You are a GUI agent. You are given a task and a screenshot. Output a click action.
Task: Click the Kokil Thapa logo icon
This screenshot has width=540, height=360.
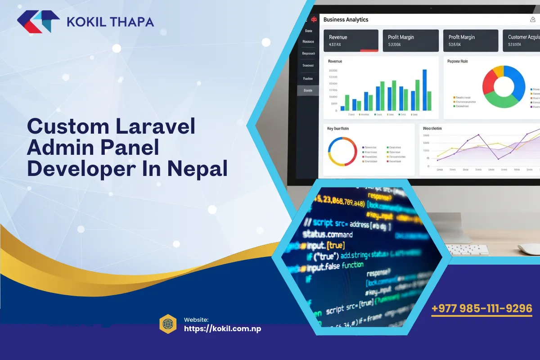point(38,22)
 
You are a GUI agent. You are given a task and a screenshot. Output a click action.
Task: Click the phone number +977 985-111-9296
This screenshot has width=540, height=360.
point(482,309)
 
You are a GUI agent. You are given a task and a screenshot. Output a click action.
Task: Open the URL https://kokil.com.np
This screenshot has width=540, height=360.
point(223,328)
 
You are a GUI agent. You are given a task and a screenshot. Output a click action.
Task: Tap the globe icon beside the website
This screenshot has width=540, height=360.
point(168,324)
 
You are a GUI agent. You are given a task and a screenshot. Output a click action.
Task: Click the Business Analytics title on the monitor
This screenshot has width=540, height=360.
point(346,20)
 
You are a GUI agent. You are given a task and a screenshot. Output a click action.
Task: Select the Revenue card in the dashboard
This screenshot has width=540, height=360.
point(351,40)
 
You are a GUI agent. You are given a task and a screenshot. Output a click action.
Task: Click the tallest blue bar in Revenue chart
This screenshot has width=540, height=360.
point(424,90)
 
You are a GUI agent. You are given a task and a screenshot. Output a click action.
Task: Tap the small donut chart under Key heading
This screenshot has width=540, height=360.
point(342,152)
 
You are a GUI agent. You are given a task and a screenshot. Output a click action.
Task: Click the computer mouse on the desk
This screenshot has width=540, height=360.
point(528,249)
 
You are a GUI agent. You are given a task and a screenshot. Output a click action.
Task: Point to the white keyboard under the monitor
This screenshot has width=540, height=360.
point(468,249)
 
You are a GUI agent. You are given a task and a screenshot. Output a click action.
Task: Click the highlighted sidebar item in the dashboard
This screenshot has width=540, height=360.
point(308,90)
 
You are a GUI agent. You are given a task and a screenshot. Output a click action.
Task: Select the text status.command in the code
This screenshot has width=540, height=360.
point(327,234)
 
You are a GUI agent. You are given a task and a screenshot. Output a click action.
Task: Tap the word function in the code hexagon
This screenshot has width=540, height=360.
point(353,265)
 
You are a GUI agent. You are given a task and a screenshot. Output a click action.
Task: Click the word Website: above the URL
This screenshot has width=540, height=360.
point(196,319)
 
